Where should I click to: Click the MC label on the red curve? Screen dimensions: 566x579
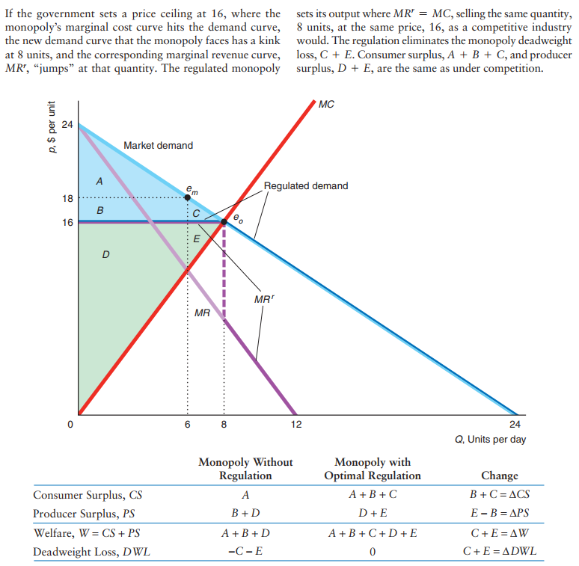click(325, 105)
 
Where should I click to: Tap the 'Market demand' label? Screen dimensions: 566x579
click(158, 145)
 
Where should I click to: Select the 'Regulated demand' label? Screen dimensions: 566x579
click(305, 185)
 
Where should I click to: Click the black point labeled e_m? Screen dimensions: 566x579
click(187, 198)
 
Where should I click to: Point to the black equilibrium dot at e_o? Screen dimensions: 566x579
click(224, 222)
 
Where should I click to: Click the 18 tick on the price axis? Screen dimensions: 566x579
click(67, 198)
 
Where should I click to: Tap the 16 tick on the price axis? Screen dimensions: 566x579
click(67, 222)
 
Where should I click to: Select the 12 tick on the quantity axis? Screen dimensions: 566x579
click(296, 425)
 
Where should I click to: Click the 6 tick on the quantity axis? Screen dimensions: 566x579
click(187, 425)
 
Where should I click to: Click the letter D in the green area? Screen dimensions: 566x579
click(105, 255)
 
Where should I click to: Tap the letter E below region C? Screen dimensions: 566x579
click(197, 239)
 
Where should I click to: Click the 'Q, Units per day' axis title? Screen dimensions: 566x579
click(490, 439)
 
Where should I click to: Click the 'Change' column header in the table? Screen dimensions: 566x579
click(499, 476)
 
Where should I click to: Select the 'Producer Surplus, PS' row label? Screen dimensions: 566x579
click(84, 513)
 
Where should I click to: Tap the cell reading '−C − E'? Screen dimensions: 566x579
click(245, 553)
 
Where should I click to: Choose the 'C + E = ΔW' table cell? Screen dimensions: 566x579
click(499, 533)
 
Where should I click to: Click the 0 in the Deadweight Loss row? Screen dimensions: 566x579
click(372, 553)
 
